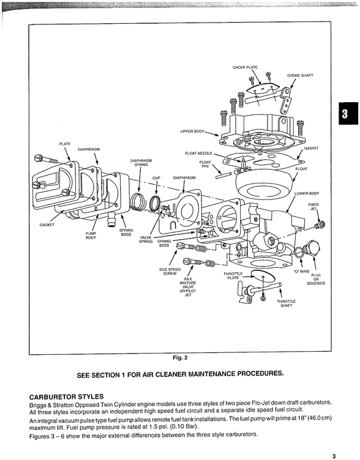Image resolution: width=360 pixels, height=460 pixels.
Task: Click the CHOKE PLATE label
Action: [x=245, y=67]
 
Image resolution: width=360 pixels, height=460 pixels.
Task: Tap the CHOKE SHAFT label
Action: [x=300, y=76]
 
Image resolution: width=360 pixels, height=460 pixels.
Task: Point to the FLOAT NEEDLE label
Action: [x=199, y=153]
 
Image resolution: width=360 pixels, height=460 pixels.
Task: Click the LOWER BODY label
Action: [x=307, y=193]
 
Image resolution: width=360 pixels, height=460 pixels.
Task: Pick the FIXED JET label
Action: [x=313, y=207]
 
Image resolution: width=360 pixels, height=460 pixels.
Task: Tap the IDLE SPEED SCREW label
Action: [x=169, y=272]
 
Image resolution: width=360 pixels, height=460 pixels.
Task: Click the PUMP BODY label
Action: [x=91, y=236]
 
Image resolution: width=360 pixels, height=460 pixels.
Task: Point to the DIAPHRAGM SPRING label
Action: [x=141, y=163]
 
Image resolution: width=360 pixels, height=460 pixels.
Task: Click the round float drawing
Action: [x=267, y=182]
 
